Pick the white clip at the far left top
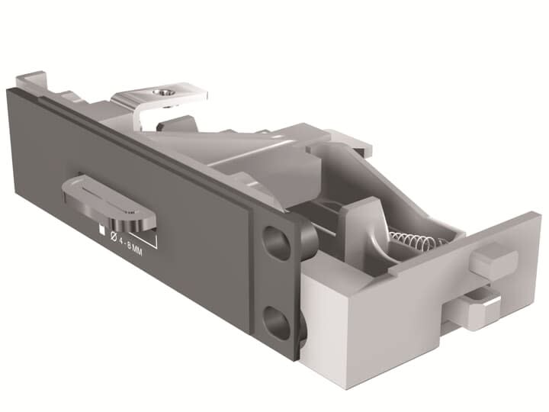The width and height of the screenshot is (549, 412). click(x=30, y=81)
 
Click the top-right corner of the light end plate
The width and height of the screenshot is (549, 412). click(x=540, y=217)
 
